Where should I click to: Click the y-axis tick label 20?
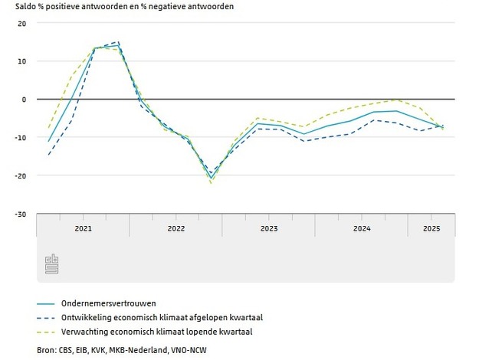pos(22,23)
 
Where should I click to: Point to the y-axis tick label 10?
pos(22,61)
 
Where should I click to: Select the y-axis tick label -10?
pos(21,138)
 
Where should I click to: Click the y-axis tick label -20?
pos(21,176)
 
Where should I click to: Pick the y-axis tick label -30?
pos(21,214)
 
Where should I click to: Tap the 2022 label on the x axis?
pos(176,228)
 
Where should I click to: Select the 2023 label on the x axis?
pos(268,228)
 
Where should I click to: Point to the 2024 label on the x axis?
pos(361,228)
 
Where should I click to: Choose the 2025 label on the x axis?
pos(431,228)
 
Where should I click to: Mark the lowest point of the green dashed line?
pos(210,183)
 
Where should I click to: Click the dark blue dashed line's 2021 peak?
pos(118,42)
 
